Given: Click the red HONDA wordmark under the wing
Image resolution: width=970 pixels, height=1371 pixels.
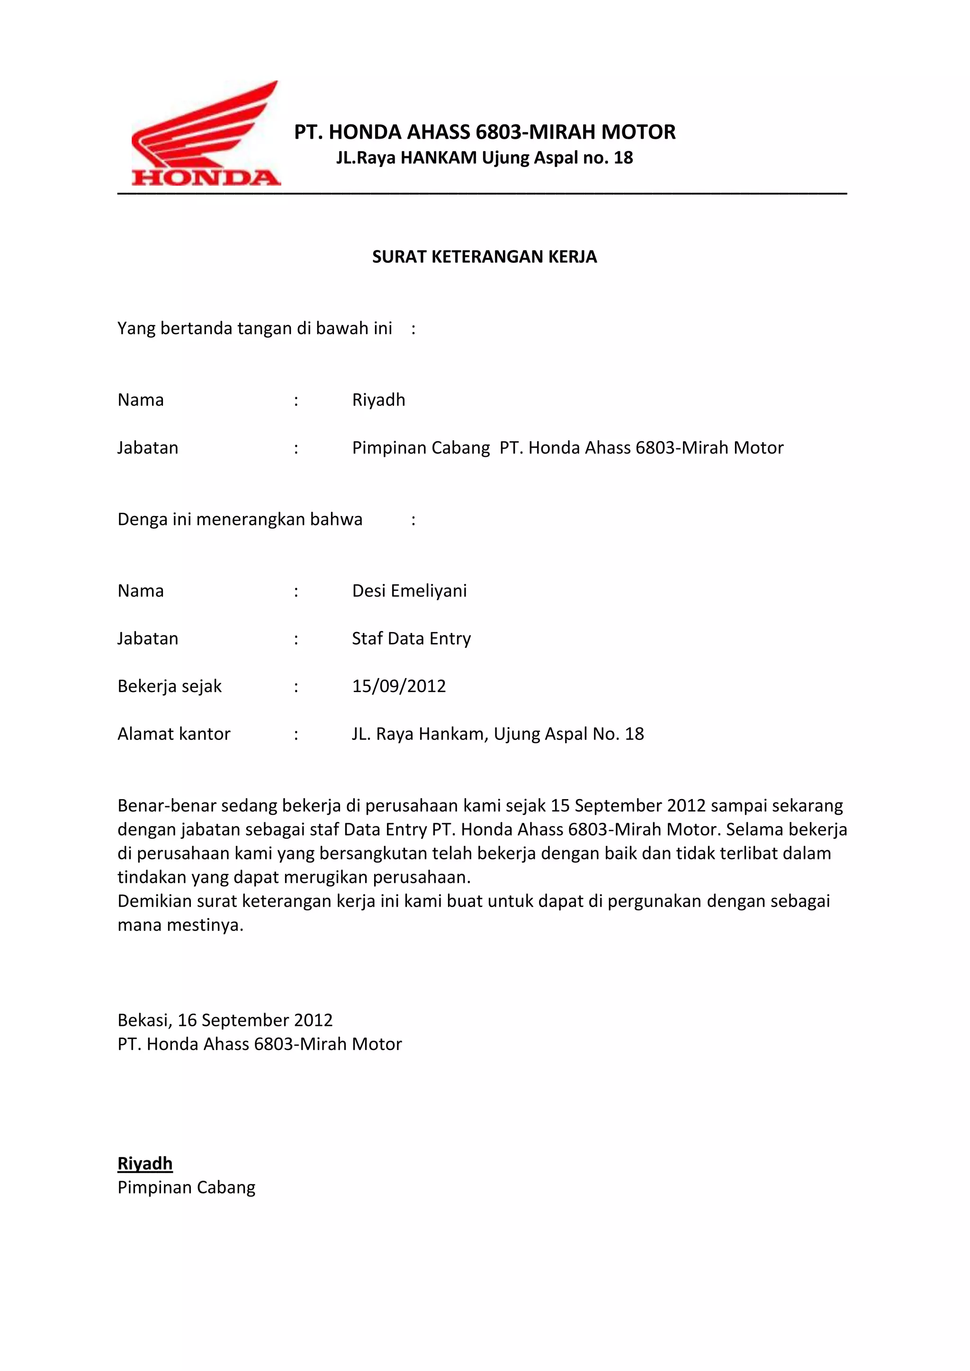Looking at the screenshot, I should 206,178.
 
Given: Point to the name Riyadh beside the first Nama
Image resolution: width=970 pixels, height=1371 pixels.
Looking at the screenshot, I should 379,400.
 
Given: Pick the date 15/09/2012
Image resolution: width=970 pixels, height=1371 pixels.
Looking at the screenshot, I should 399,686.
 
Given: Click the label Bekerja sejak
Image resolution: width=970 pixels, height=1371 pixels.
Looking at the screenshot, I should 170,686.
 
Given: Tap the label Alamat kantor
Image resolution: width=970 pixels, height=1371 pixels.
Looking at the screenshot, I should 174,734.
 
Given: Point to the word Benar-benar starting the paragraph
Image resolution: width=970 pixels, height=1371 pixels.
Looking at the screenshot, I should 167,806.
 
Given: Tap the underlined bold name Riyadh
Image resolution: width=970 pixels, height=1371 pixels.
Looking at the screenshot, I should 145,1163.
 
